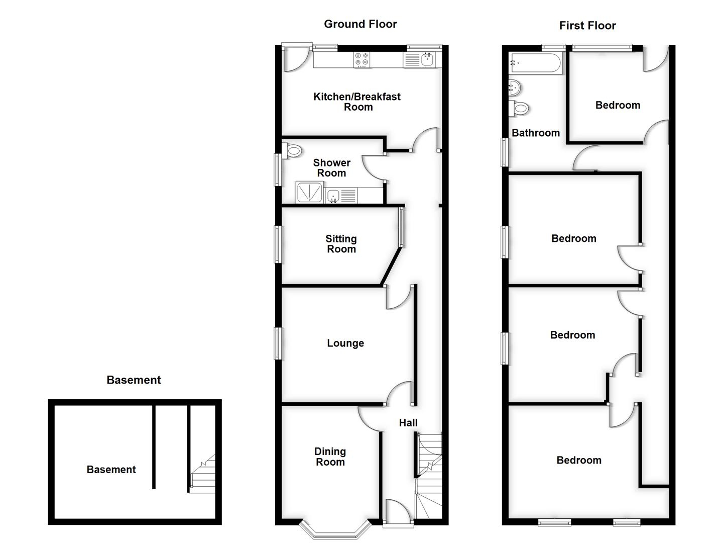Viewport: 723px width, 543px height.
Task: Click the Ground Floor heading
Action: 360,24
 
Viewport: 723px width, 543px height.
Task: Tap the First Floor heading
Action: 587,26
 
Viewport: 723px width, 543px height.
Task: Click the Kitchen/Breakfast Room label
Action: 357,102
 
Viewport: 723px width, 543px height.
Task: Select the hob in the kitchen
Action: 361,60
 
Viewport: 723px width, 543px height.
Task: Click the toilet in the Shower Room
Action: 293,150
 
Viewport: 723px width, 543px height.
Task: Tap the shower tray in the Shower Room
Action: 309,192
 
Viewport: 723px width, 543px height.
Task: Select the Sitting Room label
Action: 341,244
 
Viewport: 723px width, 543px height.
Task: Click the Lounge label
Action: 345,343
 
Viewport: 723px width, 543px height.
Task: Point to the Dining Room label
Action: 330,457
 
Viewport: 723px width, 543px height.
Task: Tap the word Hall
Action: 408,423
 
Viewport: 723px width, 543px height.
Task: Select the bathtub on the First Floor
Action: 535,64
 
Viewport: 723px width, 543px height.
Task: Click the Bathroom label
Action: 536,133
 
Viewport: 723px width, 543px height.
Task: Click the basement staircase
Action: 203,474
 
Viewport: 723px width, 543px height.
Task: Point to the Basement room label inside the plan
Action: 111,470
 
